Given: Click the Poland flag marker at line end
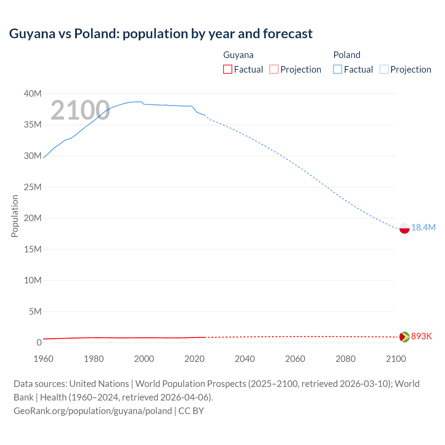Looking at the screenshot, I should [x=404, y=228].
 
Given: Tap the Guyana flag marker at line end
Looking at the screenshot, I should [x=404, y=337].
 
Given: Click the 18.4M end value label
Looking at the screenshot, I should [x=423, y=227].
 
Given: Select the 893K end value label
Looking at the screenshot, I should [x=421, y=336].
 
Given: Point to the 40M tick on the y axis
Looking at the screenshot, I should [x=33, y=94].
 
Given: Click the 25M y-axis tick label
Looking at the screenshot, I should [x=33, y=187].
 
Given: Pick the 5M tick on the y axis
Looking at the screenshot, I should [x=35, y=311].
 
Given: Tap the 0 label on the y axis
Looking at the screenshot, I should [x=39, y=342].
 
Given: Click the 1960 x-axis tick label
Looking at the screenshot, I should [x=43, y=359].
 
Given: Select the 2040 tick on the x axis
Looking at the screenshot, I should [x=245, y=359].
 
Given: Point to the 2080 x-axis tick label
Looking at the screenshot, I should [x=346, y=359].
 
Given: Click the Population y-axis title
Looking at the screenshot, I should [x=15, y=216].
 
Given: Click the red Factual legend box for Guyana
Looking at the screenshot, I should [x=227, y=69].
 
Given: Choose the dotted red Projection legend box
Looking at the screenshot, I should [x=274, y=69].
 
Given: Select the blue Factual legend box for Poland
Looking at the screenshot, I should [x=338, y=69].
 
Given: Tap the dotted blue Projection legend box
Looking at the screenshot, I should [x=384, y=69].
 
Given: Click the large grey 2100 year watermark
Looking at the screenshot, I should [x=80, y=110].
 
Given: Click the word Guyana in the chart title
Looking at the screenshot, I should [x=32, y=33].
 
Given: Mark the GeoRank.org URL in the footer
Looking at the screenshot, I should [x=92, y=411].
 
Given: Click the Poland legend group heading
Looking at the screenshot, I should [x=347, y=55].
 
